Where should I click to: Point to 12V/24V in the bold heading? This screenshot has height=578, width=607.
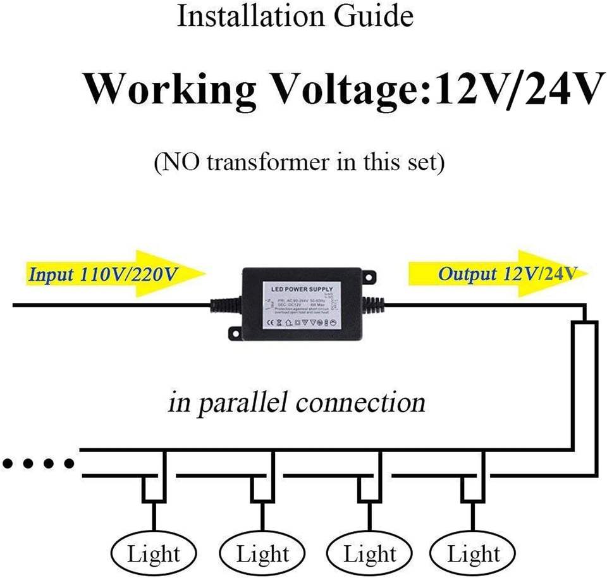pyautogui.click(x=513, y=89)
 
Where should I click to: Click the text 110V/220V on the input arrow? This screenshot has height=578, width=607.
pyautogui.click(x=134, y=275)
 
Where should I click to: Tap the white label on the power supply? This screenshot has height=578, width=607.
pyautogui.click(x=302, y=306)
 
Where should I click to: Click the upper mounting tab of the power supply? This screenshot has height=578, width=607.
pyautogui.click(x=370, y=275)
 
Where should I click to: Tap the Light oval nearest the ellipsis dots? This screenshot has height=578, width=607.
pyautogui.click(x=154, y=555)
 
